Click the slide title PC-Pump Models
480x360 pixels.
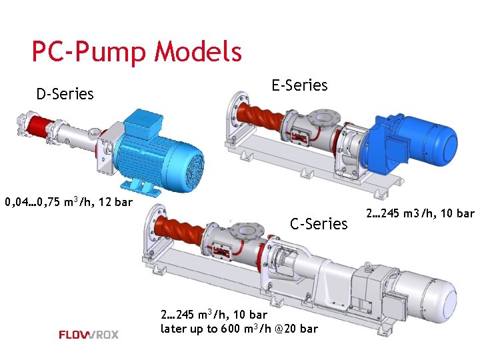[137, 51]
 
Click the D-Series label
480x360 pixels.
[65, 94]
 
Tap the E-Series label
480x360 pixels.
[299, 85]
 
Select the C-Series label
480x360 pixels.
[319, 224]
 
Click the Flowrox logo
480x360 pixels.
[89, 335]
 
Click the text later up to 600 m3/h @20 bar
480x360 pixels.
[239, 329]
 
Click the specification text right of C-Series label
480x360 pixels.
[420, 214]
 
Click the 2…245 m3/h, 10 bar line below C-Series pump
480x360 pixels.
[214, 314]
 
